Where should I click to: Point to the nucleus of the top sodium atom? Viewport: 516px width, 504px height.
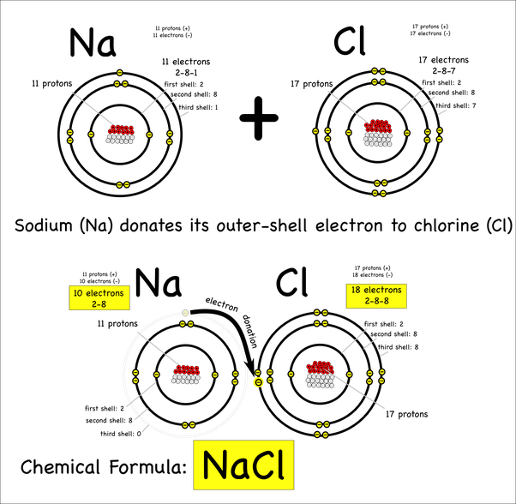tap(122, 134)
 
